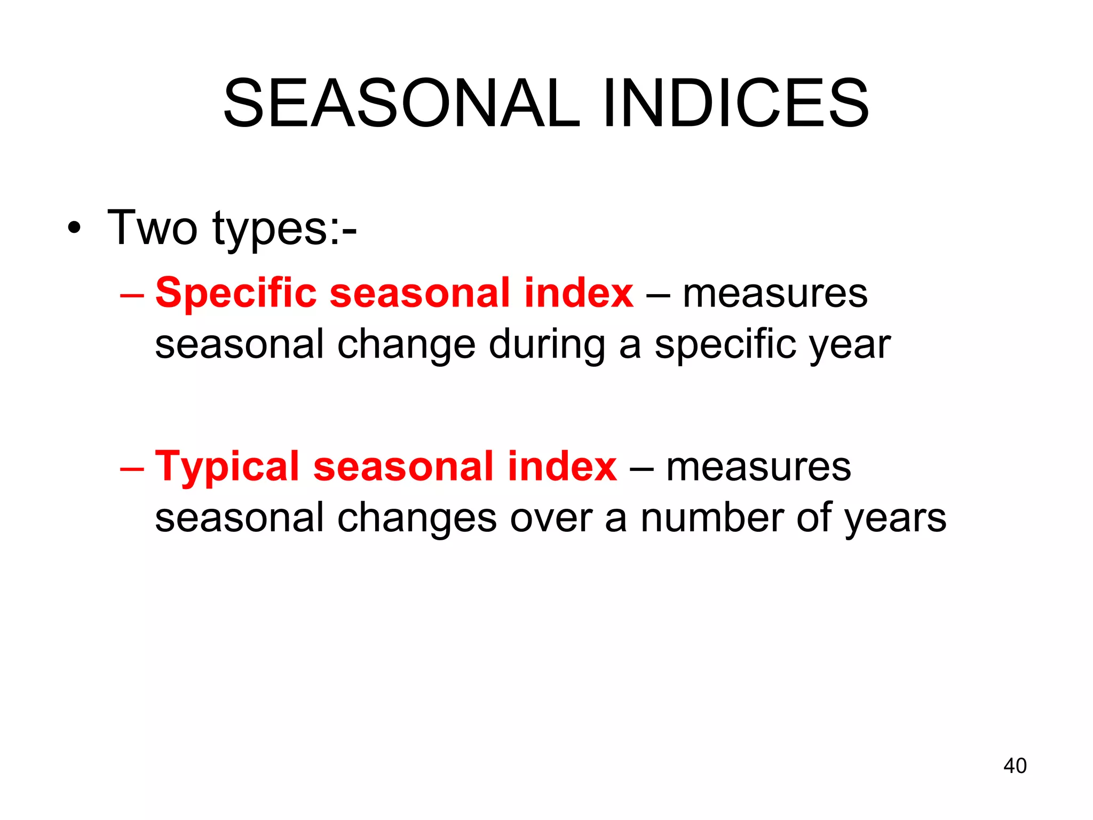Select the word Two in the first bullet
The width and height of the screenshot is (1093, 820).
[152, 228]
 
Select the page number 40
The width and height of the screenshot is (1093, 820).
[1015, 766]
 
